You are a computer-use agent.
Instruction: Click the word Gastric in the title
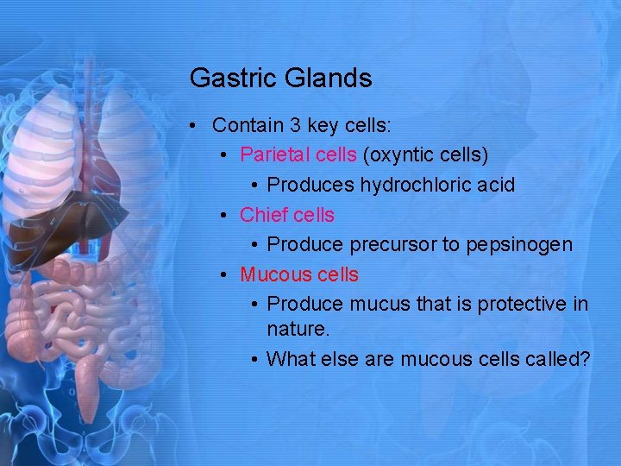pyautogui.click(x=226, y=79)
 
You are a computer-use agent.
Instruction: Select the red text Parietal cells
pyautogui.click(x=298, y=155)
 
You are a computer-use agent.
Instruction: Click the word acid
pyautogui.click(x=497, y=186)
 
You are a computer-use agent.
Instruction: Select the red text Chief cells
pyautogui.click(x=286, y=215)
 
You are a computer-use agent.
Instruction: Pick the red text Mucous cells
pyautogui.click(x=298, y=275)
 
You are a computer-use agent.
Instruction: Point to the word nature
pyautogui.click(x=296, y=330)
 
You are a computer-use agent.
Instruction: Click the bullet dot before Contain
pyautogui.click(x=197, y=126)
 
